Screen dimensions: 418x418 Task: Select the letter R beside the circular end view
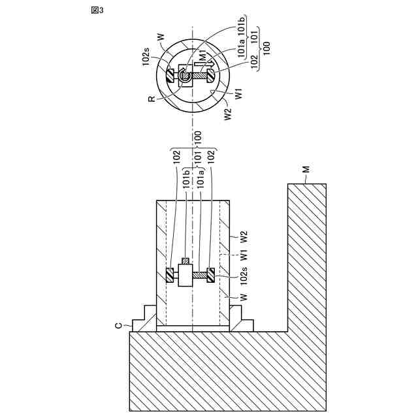click(x=152, y=99)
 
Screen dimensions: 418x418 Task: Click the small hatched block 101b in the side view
click(x=185, y=262)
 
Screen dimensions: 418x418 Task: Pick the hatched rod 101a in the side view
click(x=199, y=276)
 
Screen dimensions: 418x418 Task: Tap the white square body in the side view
click(x=184, y=276)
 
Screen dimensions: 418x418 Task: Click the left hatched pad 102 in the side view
click(x=170, y=276)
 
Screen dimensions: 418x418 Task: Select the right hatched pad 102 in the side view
click(x=211, y=276)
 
